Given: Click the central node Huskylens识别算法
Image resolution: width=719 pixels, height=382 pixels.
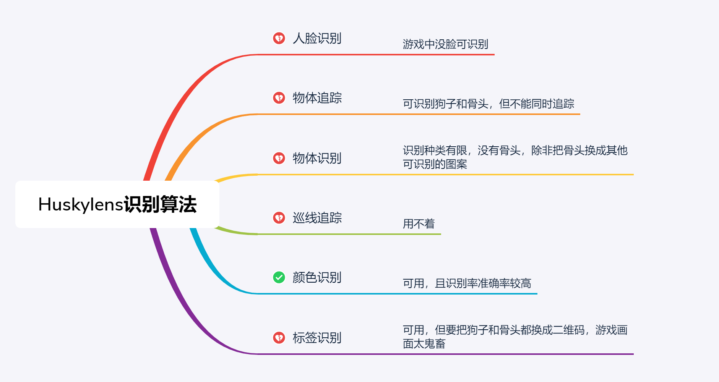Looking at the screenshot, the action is coord(117,204).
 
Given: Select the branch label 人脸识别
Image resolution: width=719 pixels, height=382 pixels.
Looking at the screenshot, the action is coord(317,38).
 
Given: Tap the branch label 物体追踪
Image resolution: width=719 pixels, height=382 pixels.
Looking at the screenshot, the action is coord(317,98).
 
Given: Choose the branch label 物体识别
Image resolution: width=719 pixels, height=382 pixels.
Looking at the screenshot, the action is coord(317,158).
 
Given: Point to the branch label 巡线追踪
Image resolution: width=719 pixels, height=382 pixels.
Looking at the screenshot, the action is coord(317,218).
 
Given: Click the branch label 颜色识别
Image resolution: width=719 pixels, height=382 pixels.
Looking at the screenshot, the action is coord(317,277).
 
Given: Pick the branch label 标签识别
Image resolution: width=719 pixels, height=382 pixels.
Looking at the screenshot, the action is coord(317,337).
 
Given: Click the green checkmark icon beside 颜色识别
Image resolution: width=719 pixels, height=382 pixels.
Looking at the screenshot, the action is coord(279,277).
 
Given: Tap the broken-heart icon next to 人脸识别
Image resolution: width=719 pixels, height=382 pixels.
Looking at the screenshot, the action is coord(279,38).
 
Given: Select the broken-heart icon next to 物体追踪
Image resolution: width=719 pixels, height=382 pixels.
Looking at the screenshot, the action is coord(279,98).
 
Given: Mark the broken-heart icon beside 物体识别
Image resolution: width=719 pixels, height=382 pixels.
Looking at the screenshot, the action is coord(279,158).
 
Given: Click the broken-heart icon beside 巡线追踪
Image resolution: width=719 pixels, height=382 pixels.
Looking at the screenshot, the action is coord(279,218).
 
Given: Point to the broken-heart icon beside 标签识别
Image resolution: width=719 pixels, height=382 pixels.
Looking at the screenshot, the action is coord(279,337).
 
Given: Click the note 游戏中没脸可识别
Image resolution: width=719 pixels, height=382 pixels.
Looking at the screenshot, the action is coord(445,44).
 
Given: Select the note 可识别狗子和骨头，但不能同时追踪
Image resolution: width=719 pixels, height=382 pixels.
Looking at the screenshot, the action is coord(489,104).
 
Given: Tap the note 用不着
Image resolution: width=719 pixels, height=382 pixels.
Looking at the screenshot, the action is coord(419,224).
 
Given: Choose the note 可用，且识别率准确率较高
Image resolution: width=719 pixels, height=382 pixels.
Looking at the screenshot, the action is coord(467,283).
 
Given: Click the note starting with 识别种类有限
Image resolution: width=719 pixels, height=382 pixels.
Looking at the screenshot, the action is coord(515,157).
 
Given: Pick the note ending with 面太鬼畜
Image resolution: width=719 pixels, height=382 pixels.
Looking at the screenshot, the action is coord(515,337).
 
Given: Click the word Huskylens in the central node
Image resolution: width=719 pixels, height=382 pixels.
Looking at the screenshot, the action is coord(81,205).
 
